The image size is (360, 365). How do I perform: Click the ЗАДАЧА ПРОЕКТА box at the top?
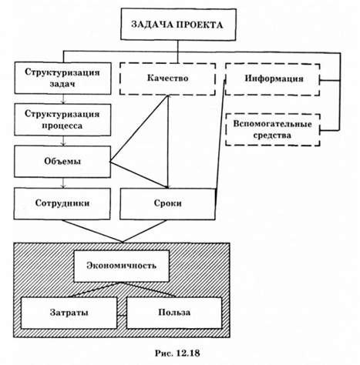click(178, 25)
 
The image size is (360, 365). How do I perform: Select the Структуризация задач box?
click(62, 78)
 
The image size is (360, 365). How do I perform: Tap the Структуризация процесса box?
click(62, 119)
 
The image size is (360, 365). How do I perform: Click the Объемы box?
click(62, 162)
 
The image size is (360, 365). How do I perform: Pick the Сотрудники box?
click(62, 203)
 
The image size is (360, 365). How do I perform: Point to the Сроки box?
click(167, 204)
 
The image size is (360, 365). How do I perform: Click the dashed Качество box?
click(167, 79)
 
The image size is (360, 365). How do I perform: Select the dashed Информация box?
click(273, 79)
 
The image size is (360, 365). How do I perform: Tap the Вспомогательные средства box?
click(273, 129)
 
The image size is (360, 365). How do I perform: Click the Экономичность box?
click(122, 266)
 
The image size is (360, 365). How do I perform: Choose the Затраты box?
click(69, 313)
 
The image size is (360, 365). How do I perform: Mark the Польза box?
click(174, 313)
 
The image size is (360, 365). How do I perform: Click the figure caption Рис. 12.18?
click(177, 353)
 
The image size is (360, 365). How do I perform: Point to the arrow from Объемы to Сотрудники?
click(63, 182)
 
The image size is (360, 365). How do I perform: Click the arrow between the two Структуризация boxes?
click(63, 99)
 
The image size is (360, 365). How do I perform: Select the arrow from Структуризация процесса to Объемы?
click(63, 141)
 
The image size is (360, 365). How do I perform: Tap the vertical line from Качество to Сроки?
click(168, 142)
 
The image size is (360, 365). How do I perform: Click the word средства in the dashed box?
click(272, 136)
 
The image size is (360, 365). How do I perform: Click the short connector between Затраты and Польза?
click(122, 315)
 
